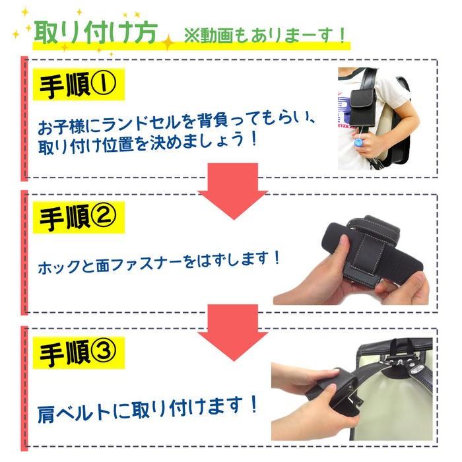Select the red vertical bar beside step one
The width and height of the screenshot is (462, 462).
[25, 119]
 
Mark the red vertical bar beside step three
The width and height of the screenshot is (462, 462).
[25, 389]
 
